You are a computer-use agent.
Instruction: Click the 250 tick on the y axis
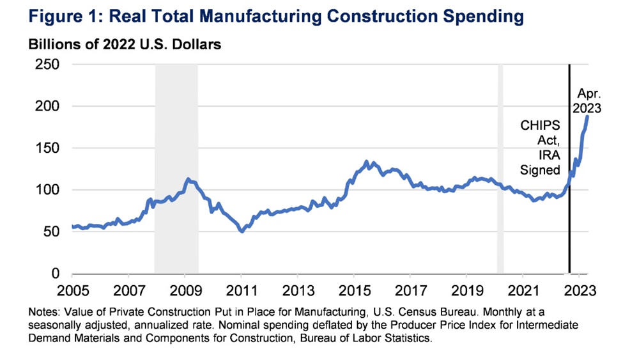[47, 65]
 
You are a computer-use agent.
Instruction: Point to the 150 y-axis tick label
[47, 148]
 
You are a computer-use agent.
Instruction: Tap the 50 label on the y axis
[51, 232]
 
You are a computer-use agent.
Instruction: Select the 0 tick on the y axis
[56, 274]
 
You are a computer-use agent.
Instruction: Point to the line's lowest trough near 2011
[242, 231]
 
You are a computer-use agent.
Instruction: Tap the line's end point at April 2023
[588, 116]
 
